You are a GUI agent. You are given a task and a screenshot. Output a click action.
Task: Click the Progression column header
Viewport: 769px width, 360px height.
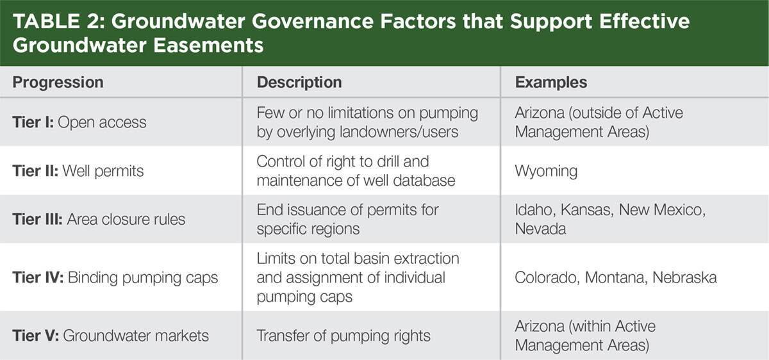58,83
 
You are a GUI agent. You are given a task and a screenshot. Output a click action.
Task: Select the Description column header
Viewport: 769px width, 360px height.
299,83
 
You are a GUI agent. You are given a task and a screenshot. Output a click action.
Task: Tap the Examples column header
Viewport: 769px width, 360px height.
551,83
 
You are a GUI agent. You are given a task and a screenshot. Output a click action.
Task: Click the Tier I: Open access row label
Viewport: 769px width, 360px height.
79,122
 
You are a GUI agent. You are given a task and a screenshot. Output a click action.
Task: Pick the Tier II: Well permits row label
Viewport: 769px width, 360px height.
78,171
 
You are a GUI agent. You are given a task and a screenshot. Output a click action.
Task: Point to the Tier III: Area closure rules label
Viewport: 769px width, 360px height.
99,219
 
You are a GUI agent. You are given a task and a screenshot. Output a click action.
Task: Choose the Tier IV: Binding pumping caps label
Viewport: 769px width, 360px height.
115,277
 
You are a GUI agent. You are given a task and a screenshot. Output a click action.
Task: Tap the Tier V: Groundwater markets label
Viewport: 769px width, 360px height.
110,336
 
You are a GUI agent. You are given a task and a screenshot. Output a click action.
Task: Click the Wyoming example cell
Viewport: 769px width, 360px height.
546,171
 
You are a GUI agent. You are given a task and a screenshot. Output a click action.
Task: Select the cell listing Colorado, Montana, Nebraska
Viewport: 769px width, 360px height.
616,277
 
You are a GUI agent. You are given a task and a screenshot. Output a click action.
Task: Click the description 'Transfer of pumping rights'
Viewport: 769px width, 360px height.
344,336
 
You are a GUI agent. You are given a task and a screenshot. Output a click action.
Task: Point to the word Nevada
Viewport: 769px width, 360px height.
540,229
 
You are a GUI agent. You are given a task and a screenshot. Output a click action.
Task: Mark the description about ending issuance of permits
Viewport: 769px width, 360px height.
347,219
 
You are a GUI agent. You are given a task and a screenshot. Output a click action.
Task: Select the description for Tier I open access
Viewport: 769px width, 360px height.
367,122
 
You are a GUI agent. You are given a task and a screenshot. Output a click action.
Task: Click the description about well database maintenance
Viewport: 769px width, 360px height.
356,171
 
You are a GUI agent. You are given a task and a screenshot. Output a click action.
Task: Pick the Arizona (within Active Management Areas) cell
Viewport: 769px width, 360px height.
585,336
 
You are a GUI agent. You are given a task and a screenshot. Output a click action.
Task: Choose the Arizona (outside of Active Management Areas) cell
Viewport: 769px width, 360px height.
599,122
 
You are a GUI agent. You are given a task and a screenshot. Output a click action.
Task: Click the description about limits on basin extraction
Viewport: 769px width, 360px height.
358,277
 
